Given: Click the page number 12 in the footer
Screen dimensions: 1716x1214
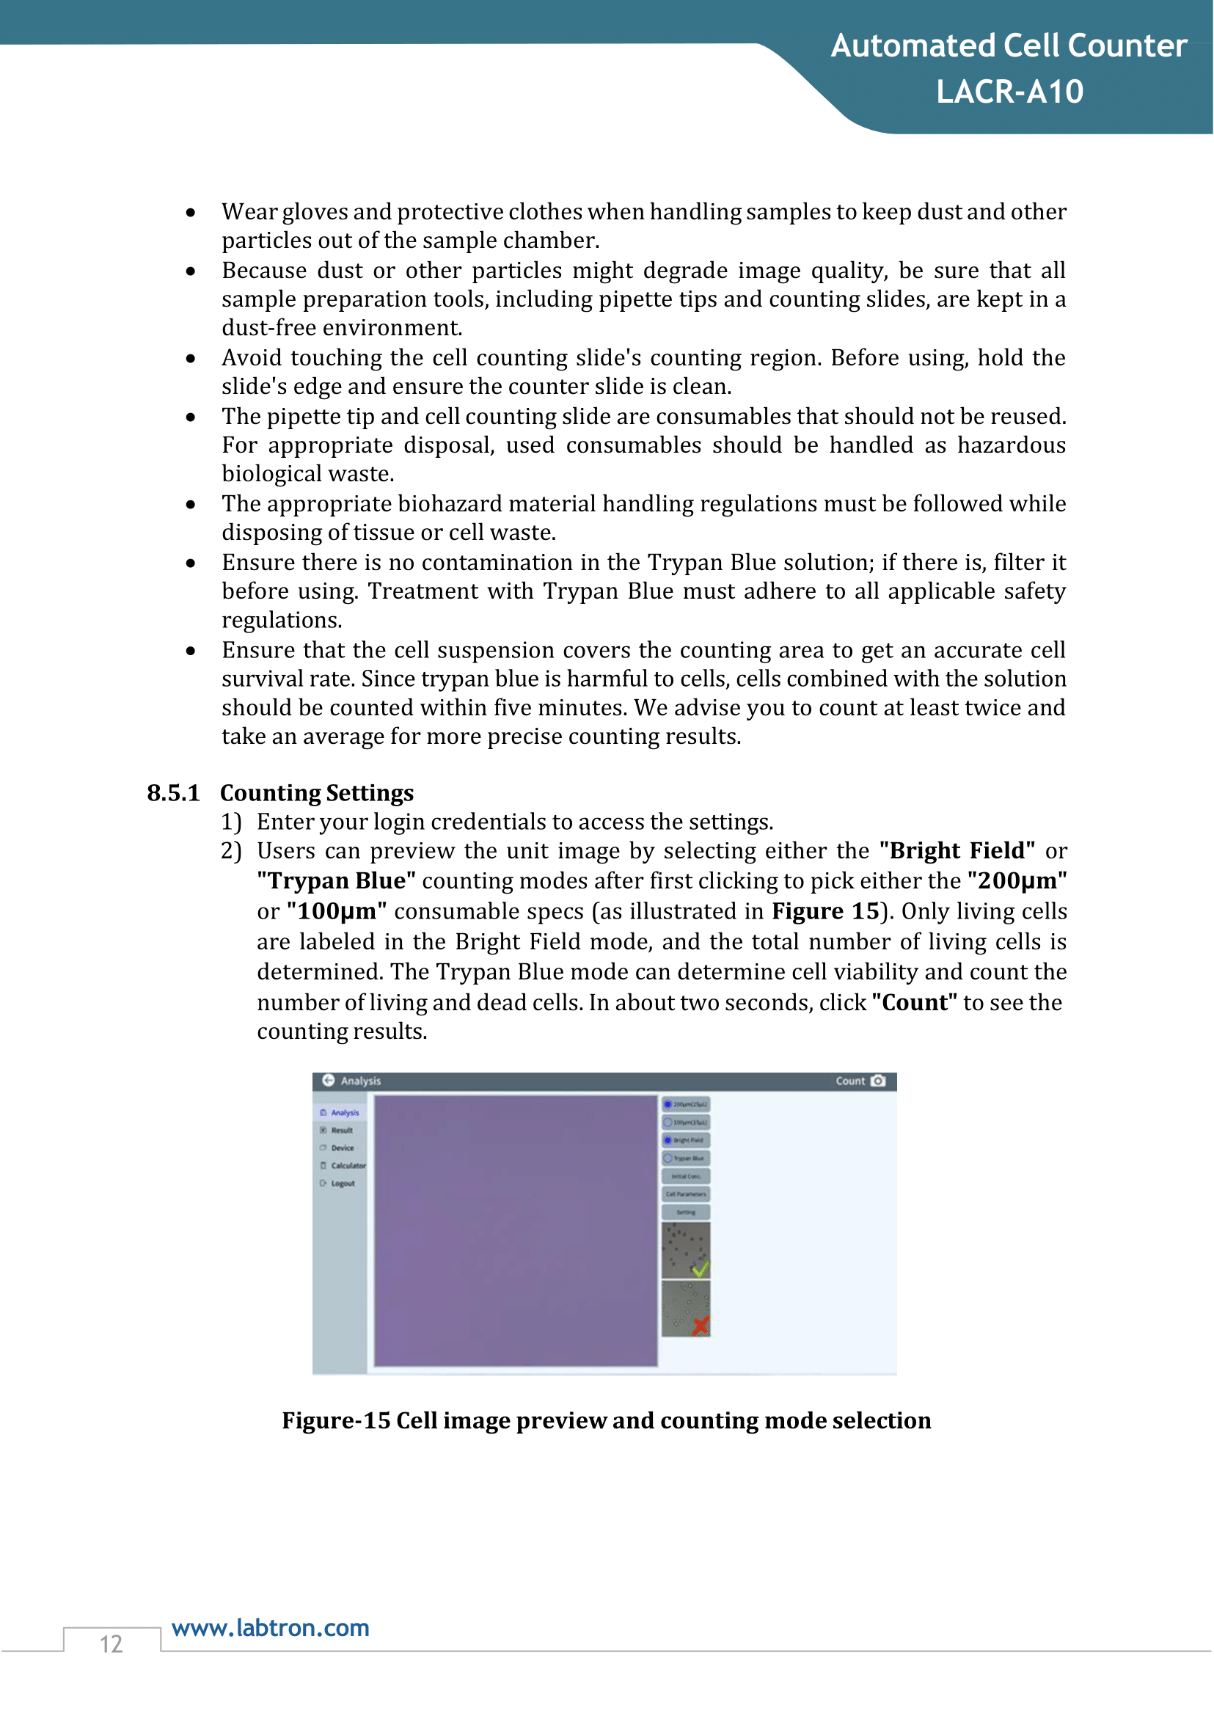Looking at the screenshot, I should (x=111, y=1644).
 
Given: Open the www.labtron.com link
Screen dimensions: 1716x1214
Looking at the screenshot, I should (x=270, y=1628).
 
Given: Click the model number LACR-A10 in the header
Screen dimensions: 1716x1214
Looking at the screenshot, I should (x=1009, y=92).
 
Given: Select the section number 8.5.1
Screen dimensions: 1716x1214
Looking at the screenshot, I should (x=173, y=792).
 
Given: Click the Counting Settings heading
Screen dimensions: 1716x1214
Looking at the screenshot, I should (x=317, y=792).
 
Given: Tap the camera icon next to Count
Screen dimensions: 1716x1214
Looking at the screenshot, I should (x=878, y=1081).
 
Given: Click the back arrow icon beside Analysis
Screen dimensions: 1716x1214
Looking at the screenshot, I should (x=328, y=1081).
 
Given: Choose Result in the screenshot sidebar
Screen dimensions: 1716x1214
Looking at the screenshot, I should (x=342, y=1131).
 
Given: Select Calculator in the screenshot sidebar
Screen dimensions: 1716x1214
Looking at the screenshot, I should (x=348, y=1166).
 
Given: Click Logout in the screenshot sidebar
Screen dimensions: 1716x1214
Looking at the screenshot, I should (x=343, y=1183).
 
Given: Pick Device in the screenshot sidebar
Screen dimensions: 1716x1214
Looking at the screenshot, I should (x=343, y=1147).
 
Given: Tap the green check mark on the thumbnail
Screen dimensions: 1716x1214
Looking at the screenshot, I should (x=701, y=1269).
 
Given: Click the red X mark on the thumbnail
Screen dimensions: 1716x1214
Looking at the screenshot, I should (x=701, y=1326).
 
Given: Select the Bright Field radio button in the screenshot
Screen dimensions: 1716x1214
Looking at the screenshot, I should (x=668, y=1140).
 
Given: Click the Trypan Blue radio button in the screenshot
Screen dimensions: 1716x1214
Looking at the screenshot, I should (x=668, y=1158).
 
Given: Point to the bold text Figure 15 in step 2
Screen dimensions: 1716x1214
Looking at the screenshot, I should (x=825, y=911).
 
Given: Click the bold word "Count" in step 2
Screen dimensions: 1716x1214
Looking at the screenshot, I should (x=914, y=1003).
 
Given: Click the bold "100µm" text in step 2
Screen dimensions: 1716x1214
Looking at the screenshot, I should (x=337, y=911).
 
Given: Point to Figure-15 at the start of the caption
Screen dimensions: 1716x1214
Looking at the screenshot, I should (x=336, y=1420).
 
